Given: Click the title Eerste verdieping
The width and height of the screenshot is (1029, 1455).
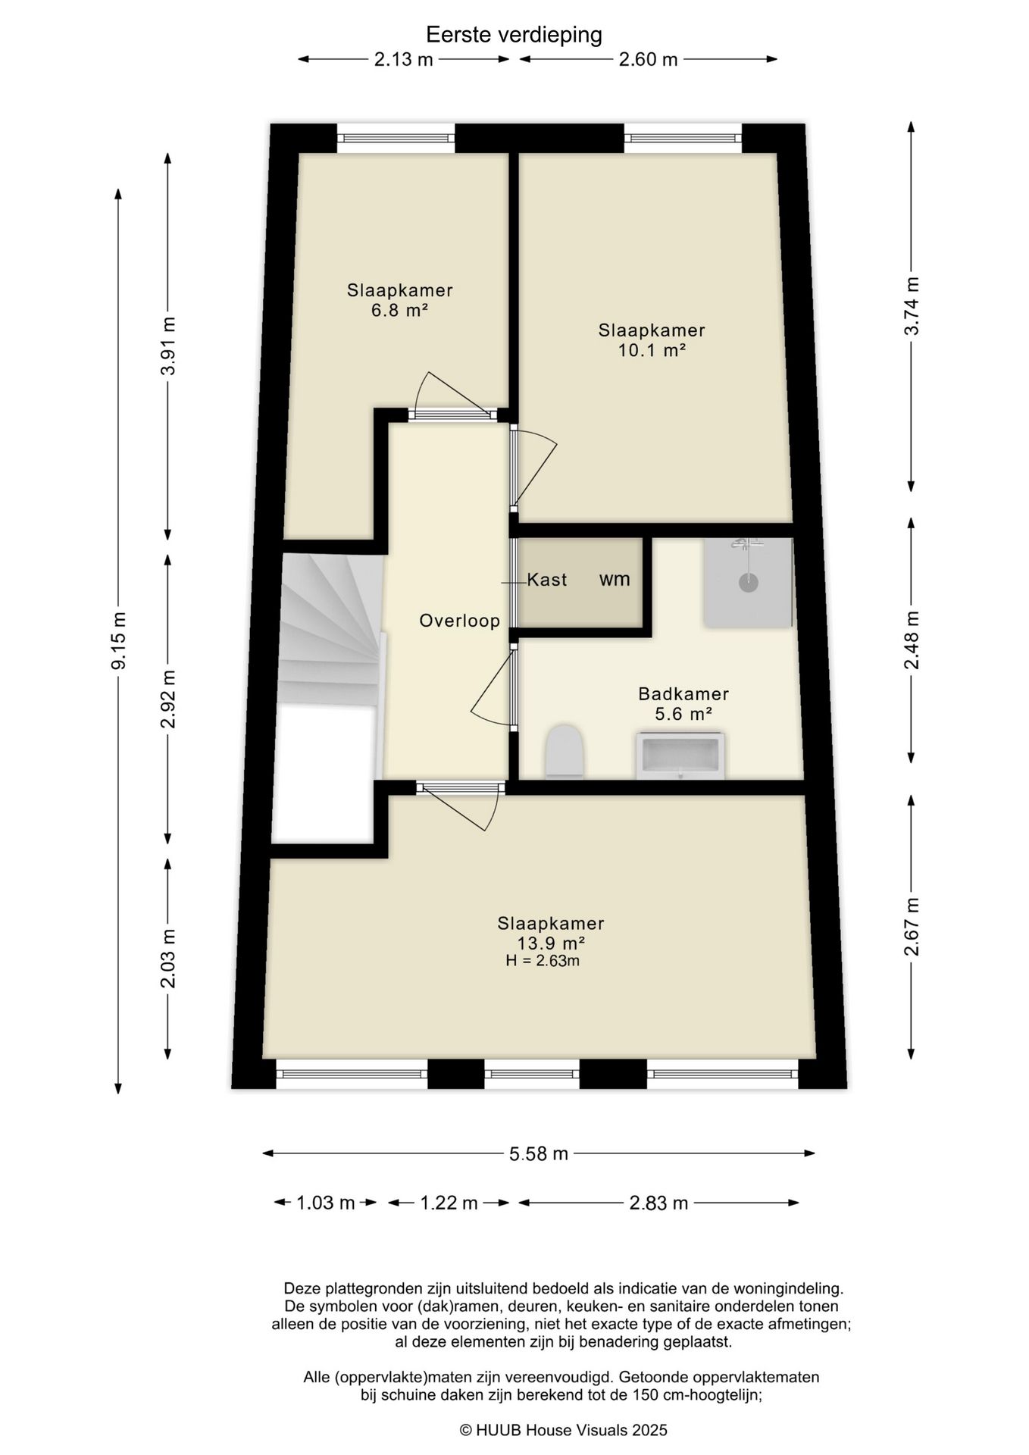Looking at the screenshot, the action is coord(514,35).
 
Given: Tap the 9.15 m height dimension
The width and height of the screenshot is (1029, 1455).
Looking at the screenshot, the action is coord(118,640).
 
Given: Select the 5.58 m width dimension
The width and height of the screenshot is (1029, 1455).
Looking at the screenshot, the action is coord(539,1153).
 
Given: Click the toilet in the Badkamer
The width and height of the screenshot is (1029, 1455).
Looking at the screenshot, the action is coord(565,750).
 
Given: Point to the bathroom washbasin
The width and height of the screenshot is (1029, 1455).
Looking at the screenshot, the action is coord(680,756).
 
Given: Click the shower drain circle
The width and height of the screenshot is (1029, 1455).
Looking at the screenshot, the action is coord(749,582).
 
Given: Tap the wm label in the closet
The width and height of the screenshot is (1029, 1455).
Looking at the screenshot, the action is coord(615,580).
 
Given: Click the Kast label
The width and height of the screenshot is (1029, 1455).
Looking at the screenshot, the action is coord(547,580).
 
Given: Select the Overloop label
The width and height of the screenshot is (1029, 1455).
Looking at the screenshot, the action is coord(460,621).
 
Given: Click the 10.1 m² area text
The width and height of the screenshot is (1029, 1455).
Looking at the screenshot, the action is coord(652,350).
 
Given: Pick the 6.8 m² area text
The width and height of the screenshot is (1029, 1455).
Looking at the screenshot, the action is coord(400,310).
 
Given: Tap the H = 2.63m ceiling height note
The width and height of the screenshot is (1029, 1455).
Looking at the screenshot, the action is coord(543,961).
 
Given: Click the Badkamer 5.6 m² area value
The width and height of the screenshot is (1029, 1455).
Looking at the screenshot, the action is coord(683,713).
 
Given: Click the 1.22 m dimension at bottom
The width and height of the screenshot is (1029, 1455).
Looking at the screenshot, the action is coord(449,1203).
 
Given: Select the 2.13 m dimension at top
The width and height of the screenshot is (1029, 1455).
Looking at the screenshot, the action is coord(403,59).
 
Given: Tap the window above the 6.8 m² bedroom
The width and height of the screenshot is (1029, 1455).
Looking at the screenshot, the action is coord(396,138).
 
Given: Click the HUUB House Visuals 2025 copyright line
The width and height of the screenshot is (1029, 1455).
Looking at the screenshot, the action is coord(564,1430).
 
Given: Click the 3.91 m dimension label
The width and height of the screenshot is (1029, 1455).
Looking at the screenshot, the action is coord(168,346).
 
